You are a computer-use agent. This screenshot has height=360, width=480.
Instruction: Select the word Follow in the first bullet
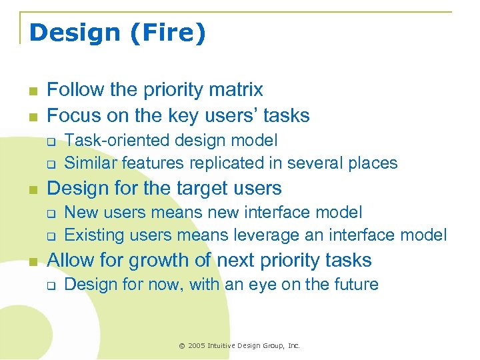(x=73, y=89)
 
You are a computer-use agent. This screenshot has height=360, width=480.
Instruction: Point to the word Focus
(x=71, y=115)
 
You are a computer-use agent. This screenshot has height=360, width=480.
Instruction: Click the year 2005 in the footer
(x=197, y=345)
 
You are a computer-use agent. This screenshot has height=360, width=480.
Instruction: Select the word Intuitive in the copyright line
(x=225, y=345)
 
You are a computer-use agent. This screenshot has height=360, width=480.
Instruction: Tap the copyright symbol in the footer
(x=182, y=345)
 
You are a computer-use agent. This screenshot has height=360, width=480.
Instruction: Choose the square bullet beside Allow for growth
(x=32, y=261)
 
